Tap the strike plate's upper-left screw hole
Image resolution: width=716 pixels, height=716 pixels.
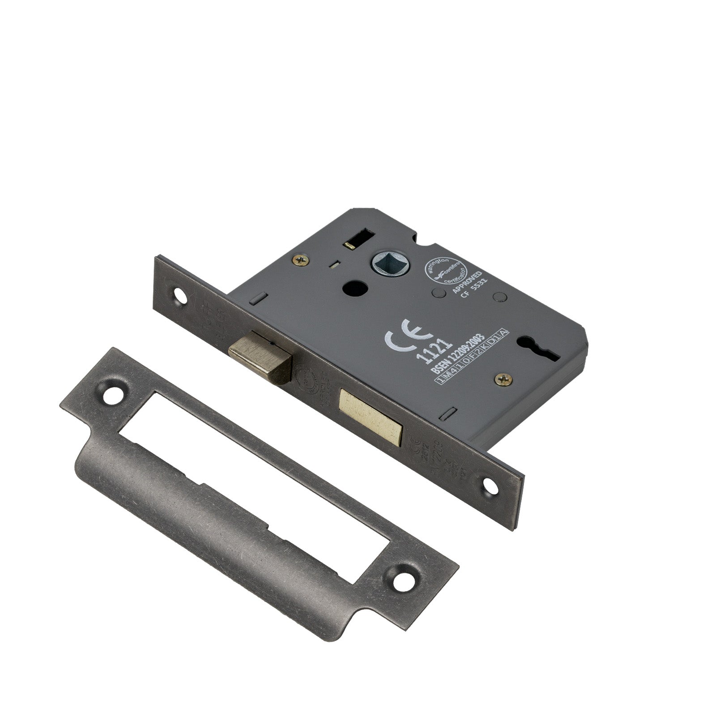click(x=111, y=394)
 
